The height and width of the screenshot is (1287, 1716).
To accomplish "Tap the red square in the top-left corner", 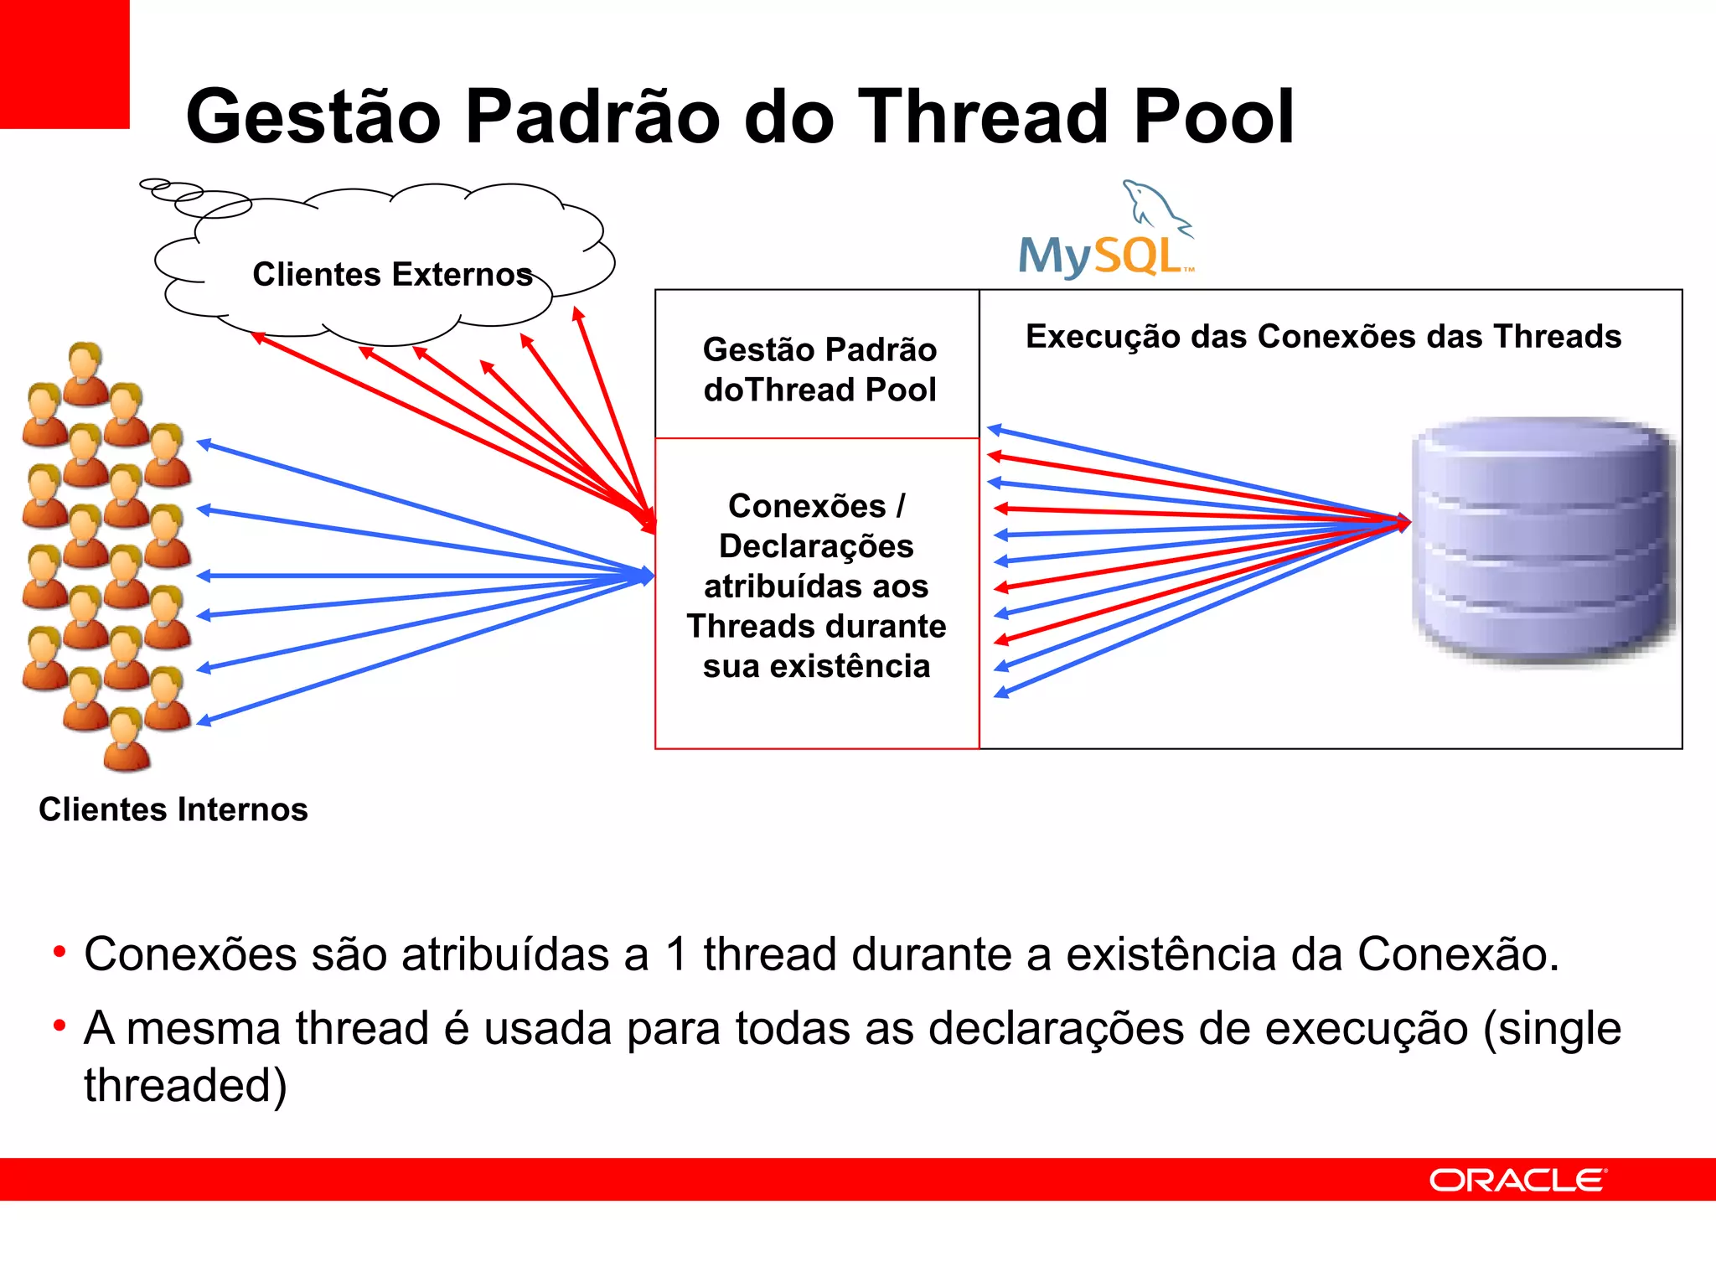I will click(64, 64).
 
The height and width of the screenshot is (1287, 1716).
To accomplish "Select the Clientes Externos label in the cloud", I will click(392, 275).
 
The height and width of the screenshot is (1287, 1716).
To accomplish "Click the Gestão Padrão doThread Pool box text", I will click(819, 370).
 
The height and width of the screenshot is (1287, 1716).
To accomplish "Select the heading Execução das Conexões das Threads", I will click(1323, 337).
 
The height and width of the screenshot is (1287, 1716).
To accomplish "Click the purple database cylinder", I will click(1542, 540).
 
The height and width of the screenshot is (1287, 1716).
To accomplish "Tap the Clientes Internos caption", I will click(173, 809).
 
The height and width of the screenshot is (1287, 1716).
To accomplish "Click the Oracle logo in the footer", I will click(1517, 1180).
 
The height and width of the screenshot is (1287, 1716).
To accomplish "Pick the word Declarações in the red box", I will click(816, 546).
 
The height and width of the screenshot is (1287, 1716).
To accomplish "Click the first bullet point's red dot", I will click(59, 952).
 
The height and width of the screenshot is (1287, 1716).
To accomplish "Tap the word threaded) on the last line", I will click(185, 1086).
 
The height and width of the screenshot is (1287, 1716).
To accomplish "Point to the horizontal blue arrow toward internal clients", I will click(419, 576).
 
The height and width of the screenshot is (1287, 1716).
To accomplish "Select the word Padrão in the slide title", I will click(592, 117).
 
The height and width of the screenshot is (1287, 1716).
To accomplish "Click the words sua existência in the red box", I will click(816, 667).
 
